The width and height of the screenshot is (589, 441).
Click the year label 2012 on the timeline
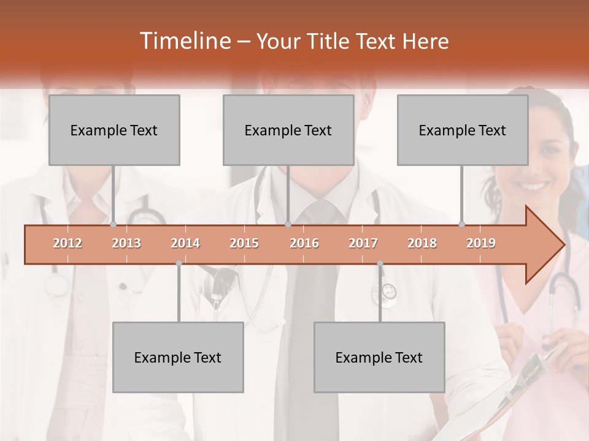coord(67,243)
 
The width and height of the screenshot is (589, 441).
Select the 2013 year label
coord(126,243)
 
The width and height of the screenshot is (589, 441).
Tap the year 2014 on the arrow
coord(185,243)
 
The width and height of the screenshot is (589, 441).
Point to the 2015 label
coord(244,243)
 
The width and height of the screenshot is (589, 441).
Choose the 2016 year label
coord(304,243)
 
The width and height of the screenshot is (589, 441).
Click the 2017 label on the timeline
coord(363,243)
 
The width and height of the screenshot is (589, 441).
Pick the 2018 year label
coord(422,243)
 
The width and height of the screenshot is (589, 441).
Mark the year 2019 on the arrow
coord(481,243)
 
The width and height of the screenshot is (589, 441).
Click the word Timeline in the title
coord(184,41)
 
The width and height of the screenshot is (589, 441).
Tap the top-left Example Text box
coord(114,130)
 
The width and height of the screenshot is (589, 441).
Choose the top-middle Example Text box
coord(288,130)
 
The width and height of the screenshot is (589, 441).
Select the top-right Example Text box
coord(463,130)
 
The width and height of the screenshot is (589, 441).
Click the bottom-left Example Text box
coord(178,357)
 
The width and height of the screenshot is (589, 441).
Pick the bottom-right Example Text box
coord(379,357)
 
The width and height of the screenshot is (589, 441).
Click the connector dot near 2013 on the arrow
coord(114,224)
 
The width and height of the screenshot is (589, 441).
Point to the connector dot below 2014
coord(179,263)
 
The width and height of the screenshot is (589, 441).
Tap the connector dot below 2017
coord(380,263)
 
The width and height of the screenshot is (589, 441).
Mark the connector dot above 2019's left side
coord(462,224)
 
